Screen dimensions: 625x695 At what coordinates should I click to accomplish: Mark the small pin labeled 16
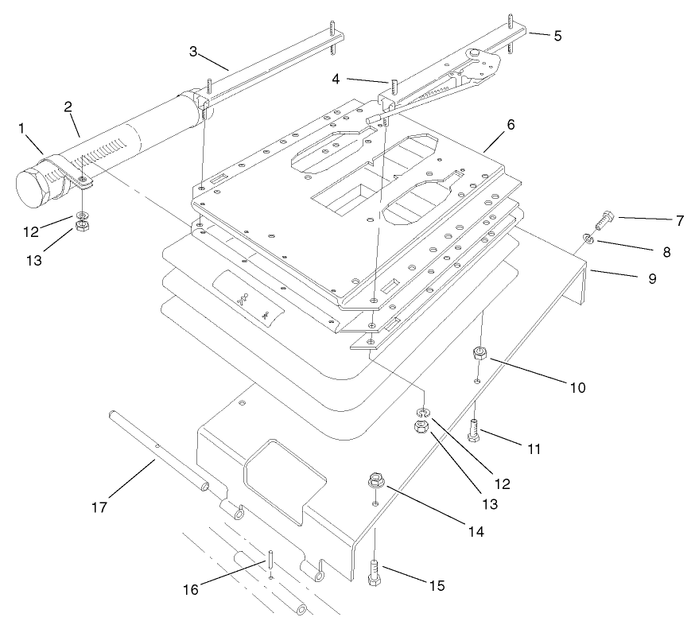click(272, 560)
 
